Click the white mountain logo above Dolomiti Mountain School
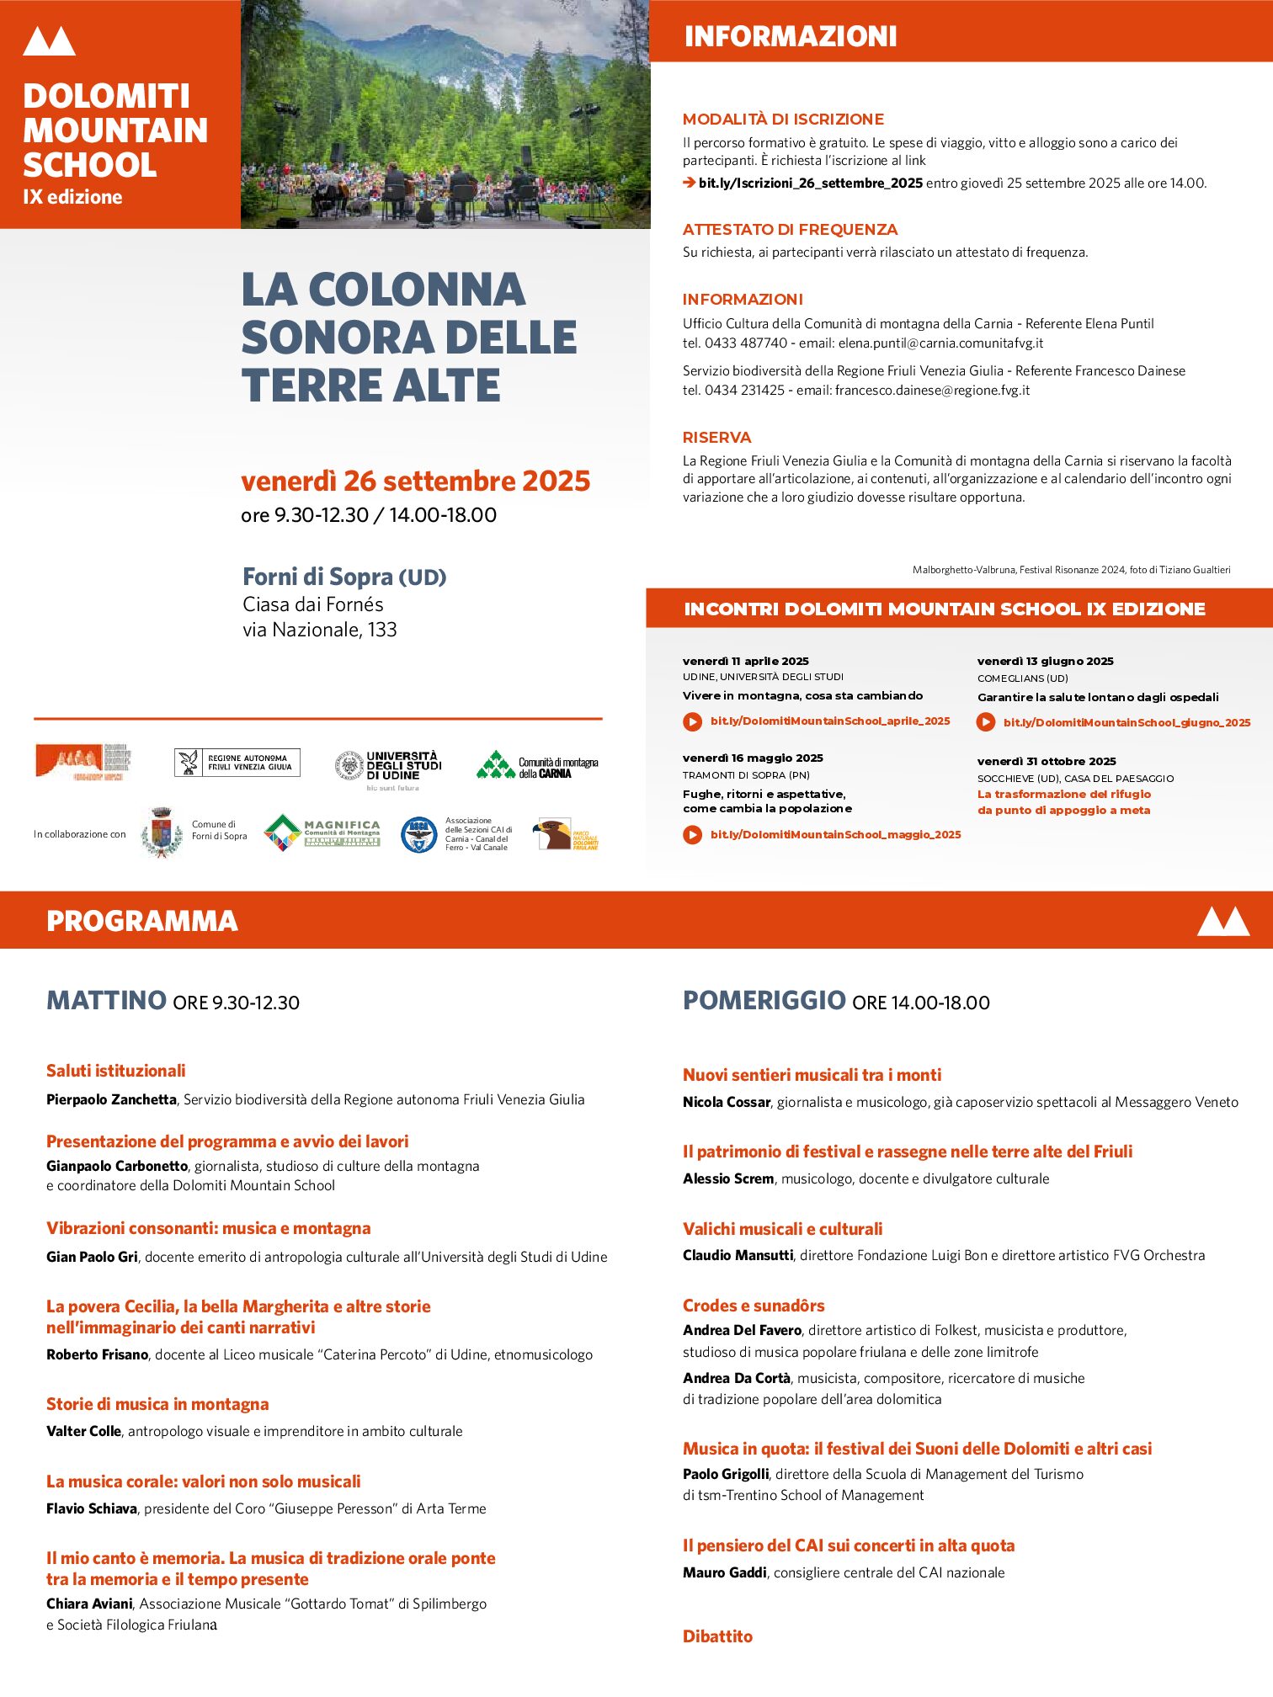(x=49, y=41)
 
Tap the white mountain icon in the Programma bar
(x=1222, y=921)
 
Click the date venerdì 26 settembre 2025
(x=415, y=481)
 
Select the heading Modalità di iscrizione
(x=783, y=120)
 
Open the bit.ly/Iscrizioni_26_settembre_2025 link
(x=810, y=184)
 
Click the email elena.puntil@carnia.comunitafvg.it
(x=940, y=343)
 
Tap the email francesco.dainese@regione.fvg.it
(x=932, y=391)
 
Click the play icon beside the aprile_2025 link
(x=692, y=721)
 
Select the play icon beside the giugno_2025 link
(x=985, y=722)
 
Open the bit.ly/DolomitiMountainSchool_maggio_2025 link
(x=835, y=835)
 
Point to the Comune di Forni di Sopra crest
(x=162, y=833)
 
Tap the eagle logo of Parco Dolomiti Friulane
(x=554, y=834)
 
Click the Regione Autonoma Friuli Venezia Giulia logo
(x=237, y=763)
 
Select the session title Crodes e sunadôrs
(x=754, y=1306)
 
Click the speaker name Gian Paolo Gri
(x=92, y=1257)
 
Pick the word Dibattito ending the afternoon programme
(x=717, y=1636)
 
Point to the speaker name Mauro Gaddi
(x=724, y=1572)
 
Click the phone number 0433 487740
(x=746, y=343)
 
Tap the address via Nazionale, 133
(x=319, y=630)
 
